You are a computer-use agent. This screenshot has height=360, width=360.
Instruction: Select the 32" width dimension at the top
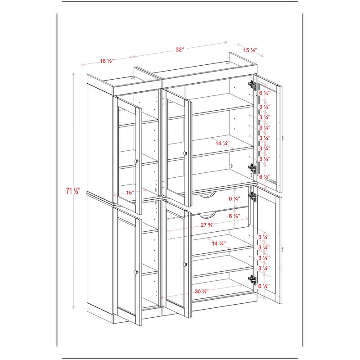tap(180, 50)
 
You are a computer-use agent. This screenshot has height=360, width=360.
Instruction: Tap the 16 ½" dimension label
tap(106, 61)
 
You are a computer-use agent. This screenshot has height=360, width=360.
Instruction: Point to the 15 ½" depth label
tap(250, 50)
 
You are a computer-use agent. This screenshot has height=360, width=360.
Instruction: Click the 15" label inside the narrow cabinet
tap(130, 193)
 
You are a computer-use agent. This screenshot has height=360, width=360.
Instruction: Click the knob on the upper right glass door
tap(283, 138)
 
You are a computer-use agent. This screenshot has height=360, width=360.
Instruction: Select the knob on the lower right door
tap(283, 249)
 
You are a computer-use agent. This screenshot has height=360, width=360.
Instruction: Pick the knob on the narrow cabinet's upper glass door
tap(136, 160)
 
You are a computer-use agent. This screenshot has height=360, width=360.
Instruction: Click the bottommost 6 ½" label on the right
tap(265, 286)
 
